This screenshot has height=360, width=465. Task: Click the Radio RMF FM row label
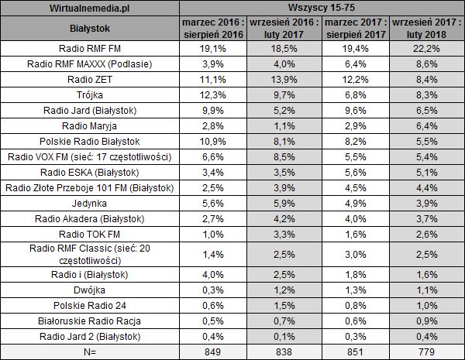[91, 48]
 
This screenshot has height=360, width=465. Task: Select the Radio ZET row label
[91, 79]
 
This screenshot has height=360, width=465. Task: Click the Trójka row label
[91, 94]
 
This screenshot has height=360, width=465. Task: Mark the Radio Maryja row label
[91, 125]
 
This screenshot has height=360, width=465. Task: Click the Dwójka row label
[91, 290]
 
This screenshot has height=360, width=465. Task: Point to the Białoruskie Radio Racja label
[91, 321]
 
